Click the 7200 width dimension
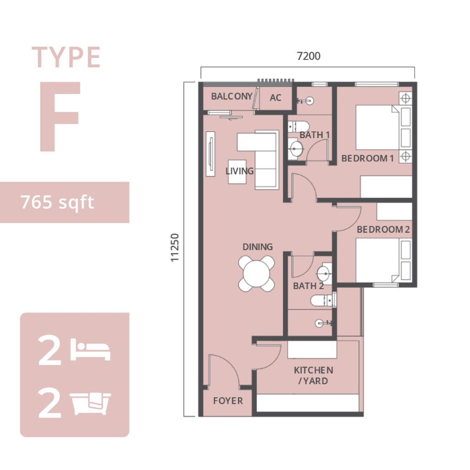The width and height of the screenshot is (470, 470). coord(308,56)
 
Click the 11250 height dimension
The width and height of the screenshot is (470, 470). coord(175,247)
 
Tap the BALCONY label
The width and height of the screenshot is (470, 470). coord(232,96)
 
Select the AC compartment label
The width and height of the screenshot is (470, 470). coord(275,98)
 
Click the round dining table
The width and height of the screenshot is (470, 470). coord(257,274)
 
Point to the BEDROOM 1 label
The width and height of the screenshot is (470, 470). coord(368,158)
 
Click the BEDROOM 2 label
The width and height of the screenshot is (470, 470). coord(383,229)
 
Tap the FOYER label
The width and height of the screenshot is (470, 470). coord(228,401)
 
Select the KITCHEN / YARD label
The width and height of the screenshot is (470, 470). coord(313,375)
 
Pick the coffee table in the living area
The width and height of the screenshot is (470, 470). coord(237,172)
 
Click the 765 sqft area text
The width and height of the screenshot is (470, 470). coord(57,202)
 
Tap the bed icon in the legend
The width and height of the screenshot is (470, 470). coord(90,350)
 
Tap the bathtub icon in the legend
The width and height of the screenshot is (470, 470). coord(90,403)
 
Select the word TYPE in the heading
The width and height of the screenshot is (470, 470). coord(66,57)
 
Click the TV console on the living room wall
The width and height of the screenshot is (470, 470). coord(211,154)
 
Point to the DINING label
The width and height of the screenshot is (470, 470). coord(257,247)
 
